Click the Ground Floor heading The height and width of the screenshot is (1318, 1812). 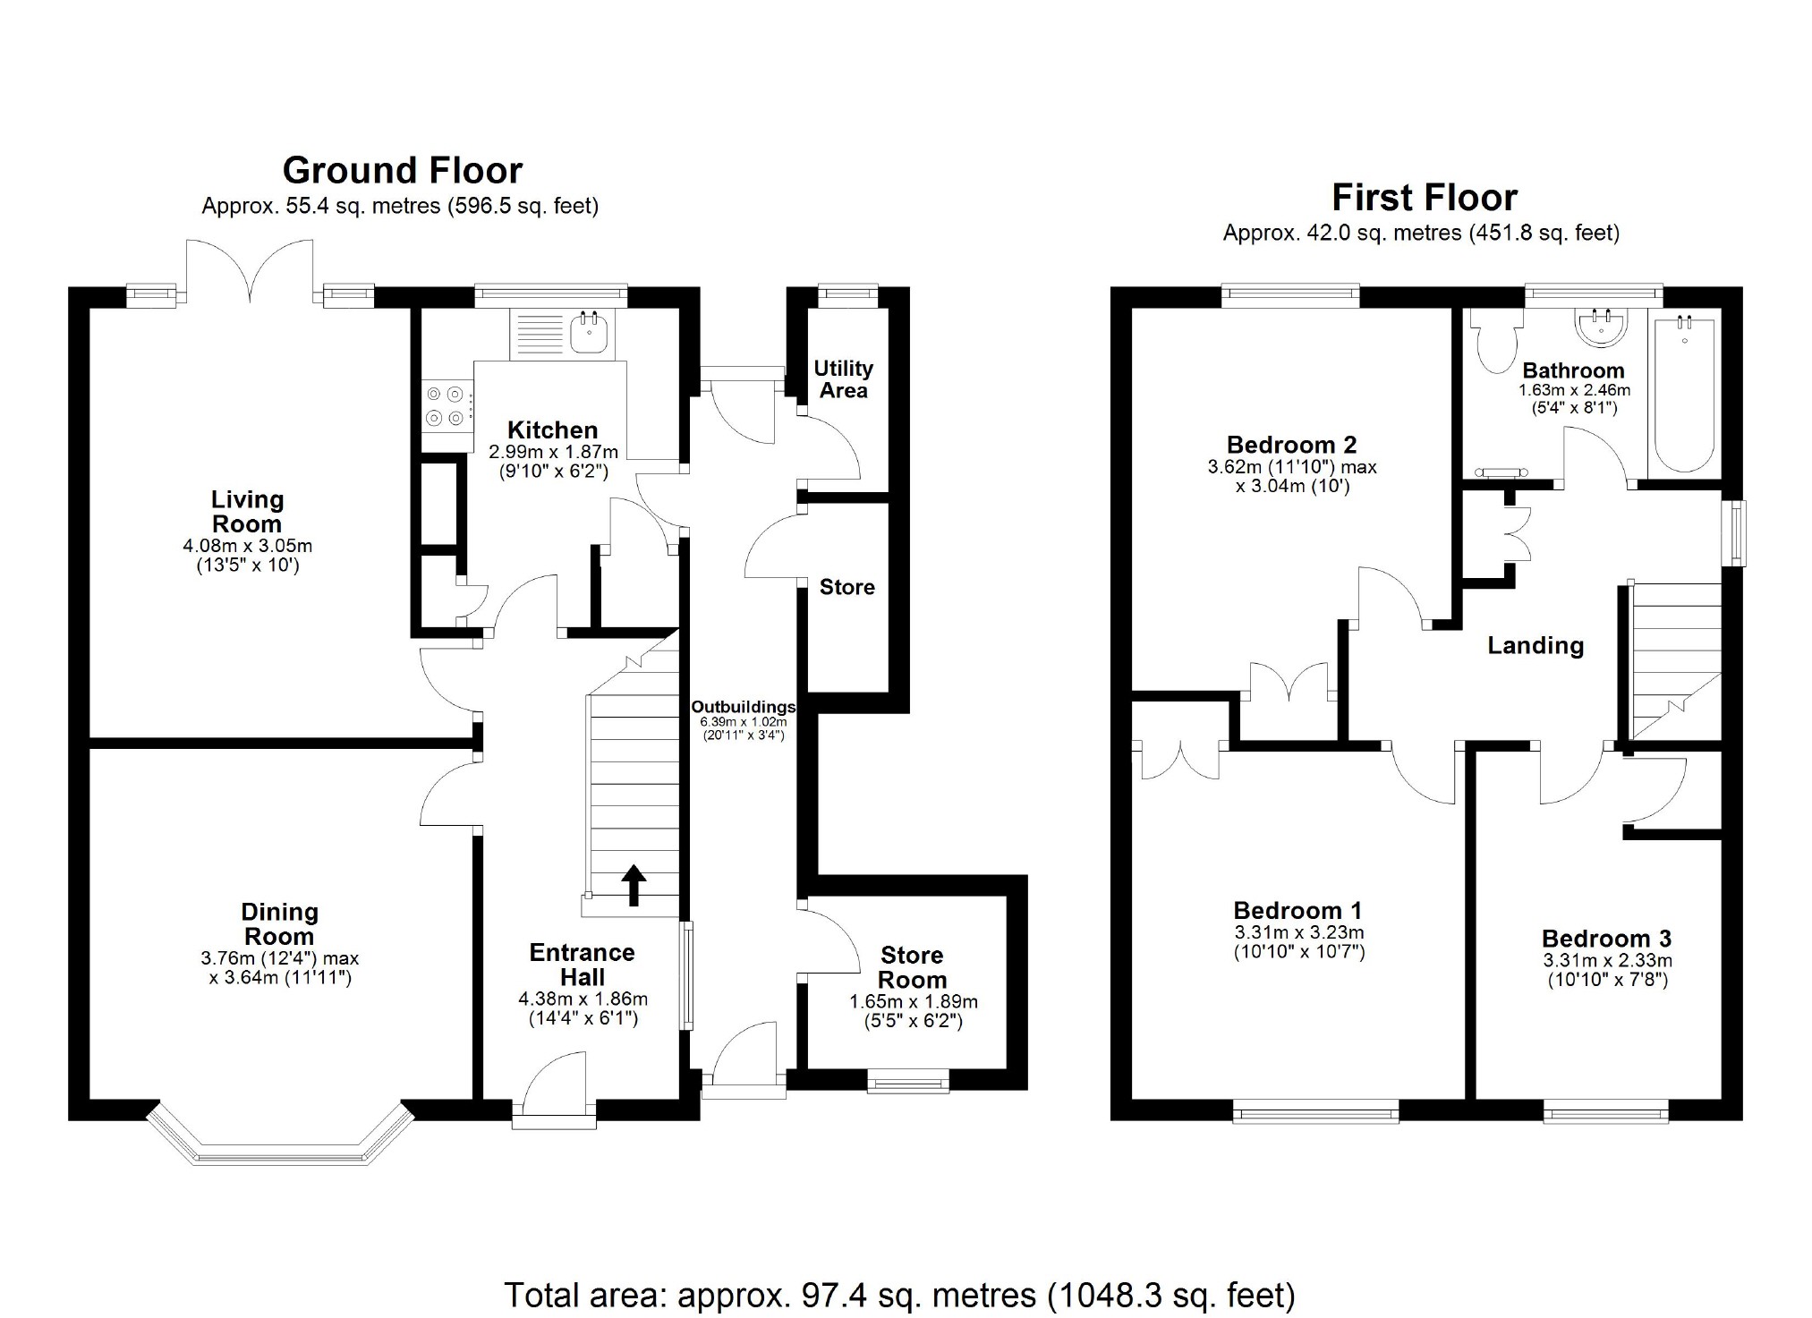click(x=402, y=170)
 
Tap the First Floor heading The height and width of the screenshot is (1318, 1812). click(x=1424, y=197)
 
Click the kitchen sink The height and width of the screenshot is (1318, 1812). click(x=590, y=334)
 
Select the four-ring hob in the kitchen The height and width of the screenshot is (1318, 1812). click(x=446, y=404)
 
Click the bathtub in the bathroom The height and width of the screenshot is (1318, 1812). click(x=1685, y=394)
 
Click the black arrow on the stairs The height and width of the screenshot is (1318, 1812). click(x=634, y=884)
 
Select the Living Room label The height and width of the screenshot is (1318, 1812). click(x=247, y=511)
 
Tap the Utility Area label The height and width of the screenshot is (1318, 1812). click(x=843, y=379)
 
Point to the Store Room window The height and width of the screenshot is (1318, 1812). click(x=907, y=1083)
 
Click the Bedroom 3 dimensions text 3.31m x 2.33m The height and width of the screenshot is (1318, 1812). click(x=1605, y=961)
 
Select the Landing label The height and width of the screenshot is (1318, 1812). click(x=1536, y=645)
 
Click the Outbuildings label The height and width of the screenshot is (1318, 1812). click(x=743, y=707)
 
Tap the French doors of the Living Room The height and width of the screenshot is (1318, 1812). click(x=250, y=268)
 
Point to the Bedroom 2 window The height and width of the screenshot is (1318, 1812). click(x=1290, y=294)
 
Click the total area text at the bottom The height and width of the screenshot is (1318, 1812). click(x=899, y=1295)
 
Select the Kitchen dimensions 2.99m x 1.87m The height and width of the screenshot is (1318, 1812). click(x=553, y=452)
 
